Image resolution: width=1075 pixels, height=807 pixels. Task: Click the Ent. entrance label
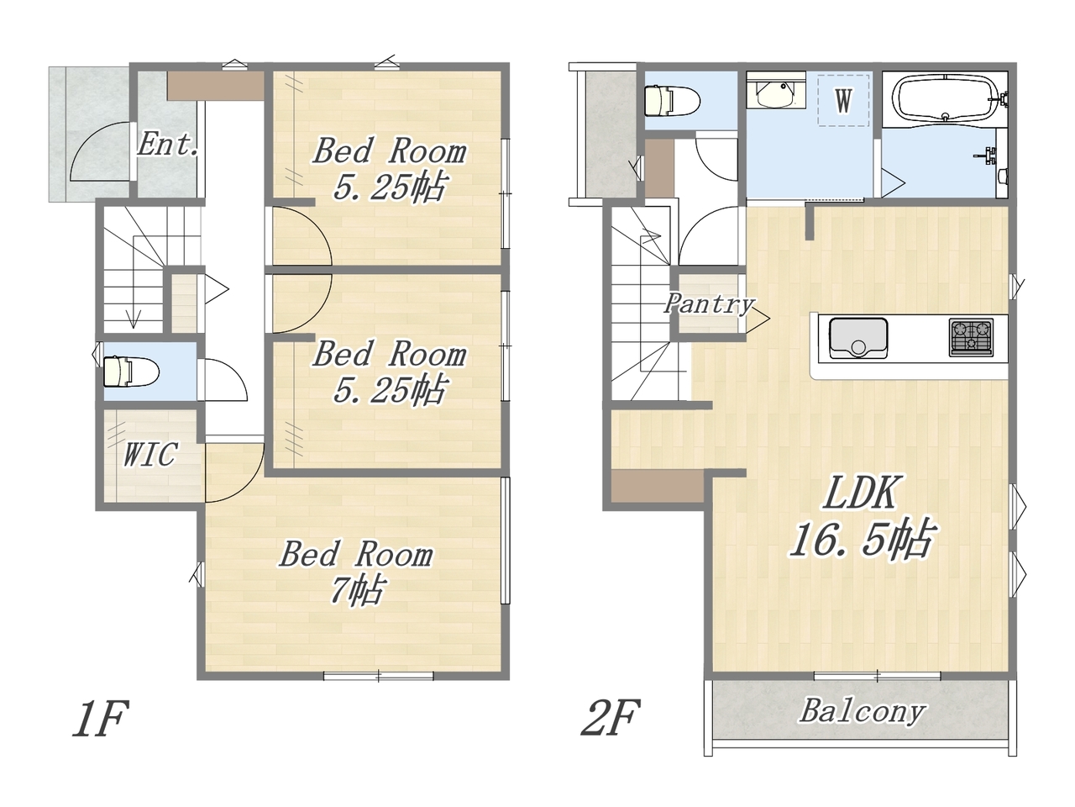[x=168, y=145]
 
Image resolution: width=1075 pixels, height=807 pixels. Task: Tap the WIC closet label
[x=149, y=454]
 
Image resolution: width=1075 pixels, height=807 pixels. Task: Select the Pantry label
[x=709, y=303]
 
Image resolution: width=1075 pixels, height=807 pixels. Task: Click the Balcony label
[x=863, y=711]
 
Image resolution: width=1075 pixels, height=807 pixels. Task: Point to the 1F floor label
[x=102, y=718]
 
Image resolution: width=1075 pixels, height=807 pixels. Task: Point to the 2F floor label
[x=611, y=718]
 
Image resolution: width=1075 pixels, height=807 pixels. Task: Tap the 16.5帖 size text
[x=863, y=539]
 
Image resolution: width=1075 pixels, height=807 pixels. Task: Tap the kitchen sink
[x=858, y=338]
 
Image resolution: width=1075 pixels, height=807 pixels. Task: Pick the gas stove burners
[x=971, y=337]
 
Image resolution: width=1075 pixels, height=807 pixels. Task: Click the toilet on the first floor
[x=131, y=372]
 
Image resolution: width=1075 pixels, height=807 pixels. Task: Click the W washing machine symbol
[x=843, y=100]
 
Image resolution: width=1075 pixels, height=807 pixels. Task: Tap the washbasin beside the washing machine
[x=776, y=94]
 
